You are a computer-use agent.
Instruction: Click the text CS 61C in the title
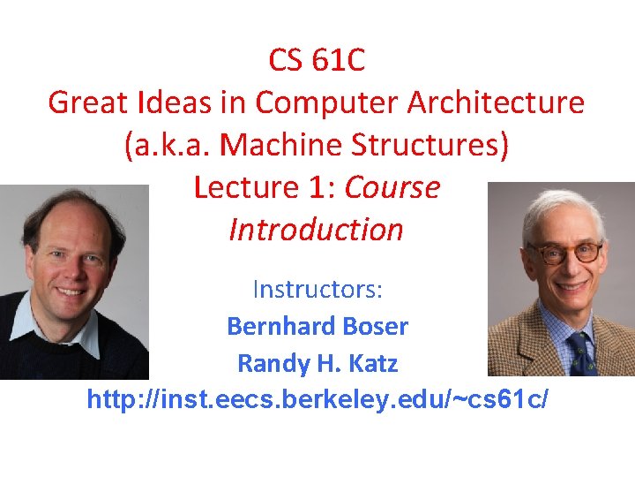tap(317, 61)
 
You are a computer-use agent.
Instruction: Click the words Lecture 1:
tap(265, 187)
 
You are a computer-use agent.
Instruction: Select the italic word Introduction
tap(316, 230)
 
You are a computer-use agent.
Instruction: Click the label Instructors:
tap(317, 289)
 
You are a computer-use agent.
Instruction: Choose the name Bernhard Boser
tap(317, 327)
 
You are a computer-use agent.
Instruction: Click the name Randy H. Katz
tap(317, 363)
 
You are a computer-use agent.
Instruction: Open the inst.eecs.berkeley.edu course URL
tap(317, 400)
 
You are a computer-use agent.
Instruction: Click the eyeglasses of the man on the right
tap(565, 254)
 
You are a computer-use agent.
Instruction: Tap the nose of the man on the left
tap(71, 265)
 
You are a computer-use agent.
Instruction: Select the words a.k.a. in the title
tap(168, 146)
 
